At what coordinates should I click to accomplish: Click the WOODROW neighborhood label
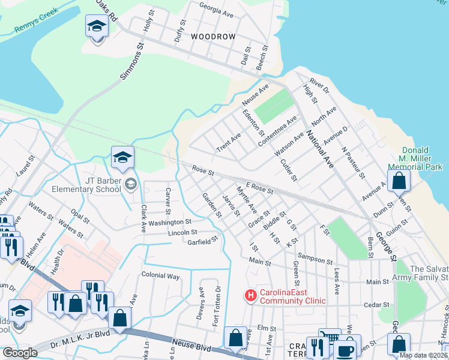tap(213, 37)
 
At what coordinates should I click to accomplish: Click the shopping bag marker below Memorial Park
tap(399, 180)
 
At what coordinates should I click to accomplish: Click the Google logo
tap(20, 353)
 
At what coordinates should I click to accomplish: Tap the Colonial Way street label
tap(160, 276)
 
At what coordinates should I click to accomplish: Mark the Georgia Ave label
tap(215, 10)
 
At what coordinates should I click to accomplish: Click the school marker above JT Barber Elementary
tap(122, 158)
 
